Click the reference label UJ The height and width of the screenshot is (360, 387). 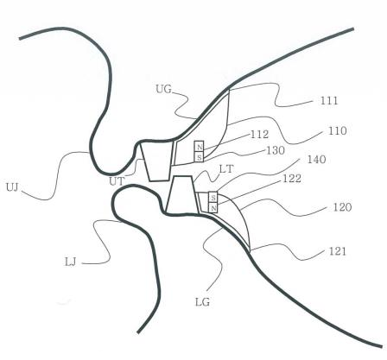[12, 187]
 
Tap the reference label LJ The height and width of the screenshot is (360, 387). [71, 262]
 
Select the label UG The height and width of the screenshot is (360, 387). [163, 89]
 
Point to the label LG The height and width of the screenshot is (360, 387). [202, 302]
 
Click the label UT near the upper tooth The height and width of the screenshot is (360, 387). [117, 181]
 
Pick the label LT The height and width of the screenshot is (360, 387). [226, 169]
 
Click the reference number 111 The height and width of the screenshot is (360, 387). [329, 100]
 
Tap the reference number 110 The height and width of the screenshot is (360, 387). [338, 131]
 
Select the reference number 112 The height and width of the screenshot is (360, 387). [259, 135]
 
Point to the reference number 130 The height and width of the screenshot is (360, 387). [276, 150]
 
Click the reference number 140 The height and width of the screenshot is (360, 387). [317, 159]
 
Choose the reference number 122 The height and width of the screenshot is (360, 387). [292, 179]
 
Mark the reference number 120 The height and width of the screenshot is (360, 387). [342, 207]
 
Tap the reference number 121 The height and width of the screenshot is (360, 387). [337, 251]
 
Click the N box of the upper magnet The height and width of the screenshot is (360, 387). [199, 146]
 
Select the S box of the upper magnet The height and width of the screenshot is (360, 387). [199, 157]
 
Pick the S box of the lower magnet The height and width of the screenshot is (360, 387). [213, 197]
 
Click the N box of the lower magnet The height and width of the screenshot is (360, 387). [213, 207]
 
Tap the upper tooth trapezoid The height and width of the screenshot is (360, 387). [157, 161]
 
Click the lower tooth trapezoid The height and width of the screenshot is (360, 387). [181, 195]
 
